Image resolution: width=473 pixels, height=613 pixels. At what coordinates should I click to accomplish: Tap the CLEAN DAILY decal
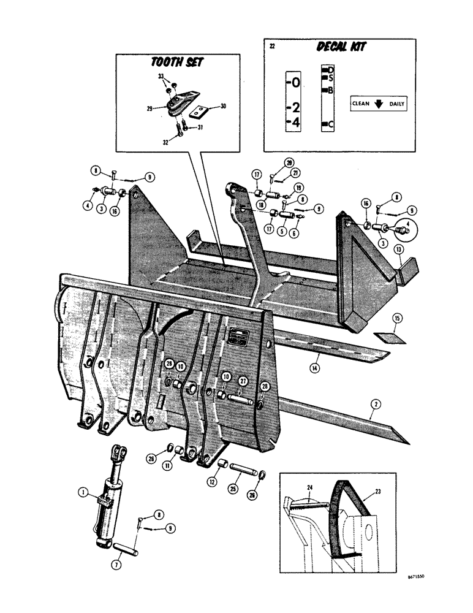pos(378,104)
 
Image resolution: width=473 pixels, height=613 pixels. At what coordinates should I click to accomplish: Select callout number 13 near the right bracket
pos(399,251)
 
